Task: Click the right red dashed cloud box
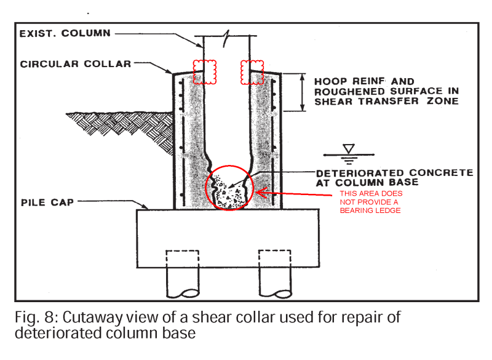[x=253, y=72]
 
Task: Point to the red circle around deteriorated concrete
[x=230, y=187]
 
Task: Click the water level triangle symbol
[x=349, y=148]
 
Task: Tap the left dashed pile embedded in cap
[x=183, y=258]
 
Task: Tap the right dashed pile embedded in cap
[x=274, y=258]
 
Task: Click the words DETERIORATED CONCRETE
[x=394, y=173]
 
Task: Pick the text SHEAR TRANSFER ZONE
[x=386, y=101]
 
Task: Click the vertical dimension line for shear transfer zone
[x=302, y=92]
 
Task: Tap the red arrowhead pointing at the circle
[x=260, y=193]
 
